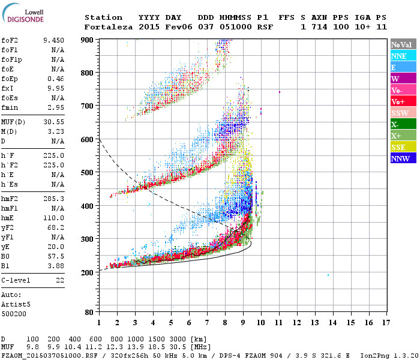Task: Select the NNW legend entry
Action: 403,158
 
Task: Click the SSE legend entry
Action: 403,147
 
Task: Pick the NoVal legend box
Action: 403,44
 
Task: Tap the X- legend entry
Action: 403,124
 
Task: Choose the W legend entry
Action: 403,79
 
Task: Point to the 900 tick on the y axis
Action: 88,40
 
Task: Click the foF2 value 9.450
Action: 53,40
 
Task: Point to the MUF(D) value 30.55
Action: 53,122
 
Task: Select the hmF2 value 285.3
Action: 53,199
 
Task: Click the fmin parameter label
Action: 10,107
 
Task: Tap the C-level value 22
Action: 59,280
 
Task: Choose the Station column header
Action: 103,17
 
